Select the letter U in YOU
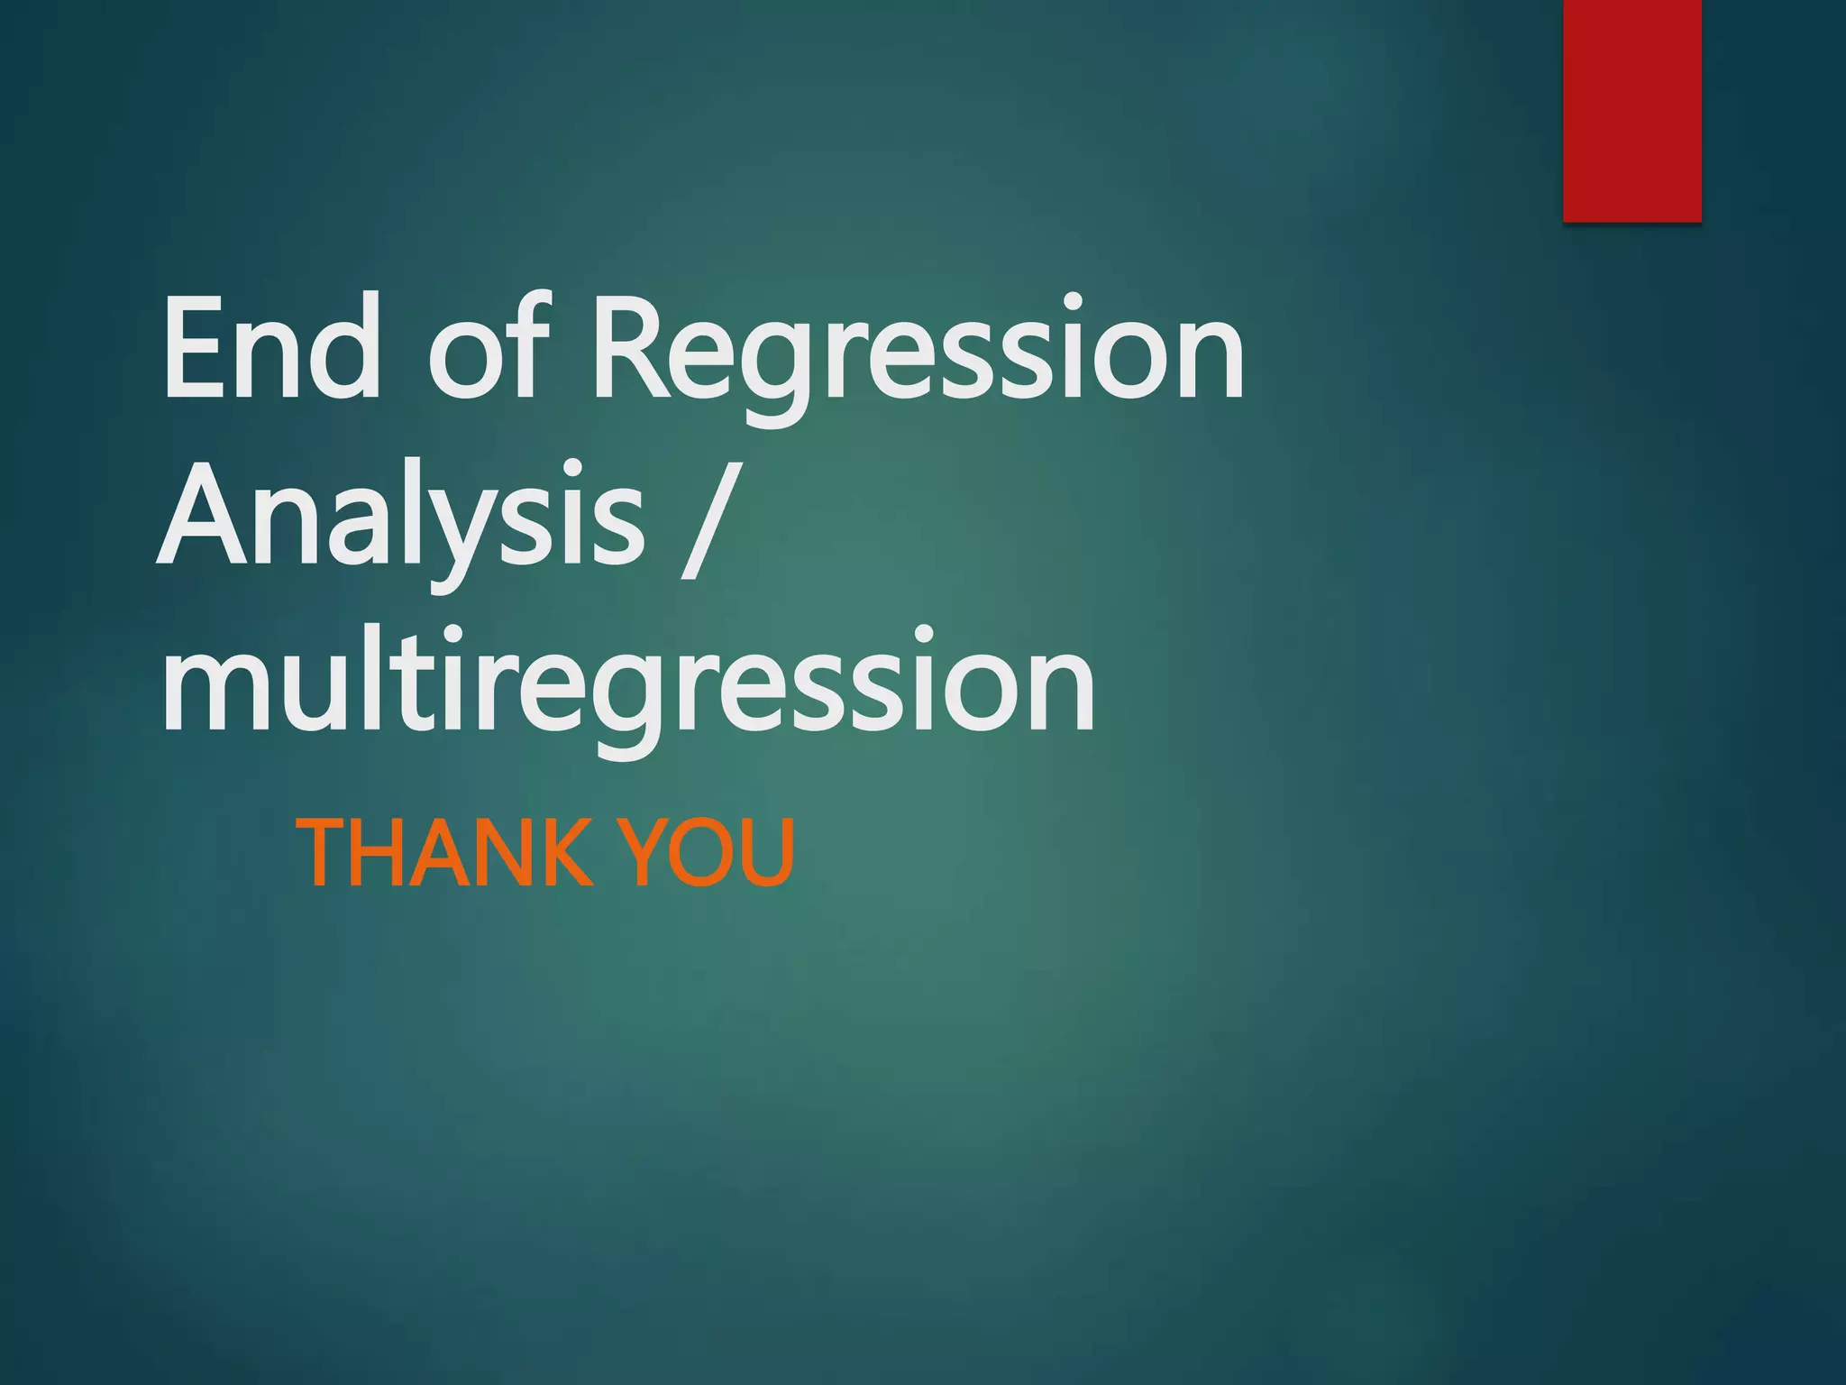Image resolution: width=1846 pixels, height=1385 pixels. coord(766,852)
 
